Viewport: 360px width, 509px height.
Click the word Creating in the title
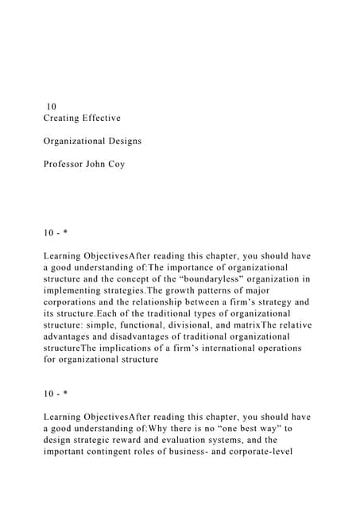65,118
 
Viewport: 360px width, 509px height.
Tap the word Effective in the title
105,118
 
